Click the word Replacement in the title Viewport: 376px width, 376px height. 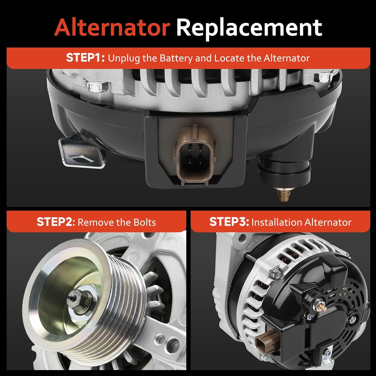pyautogui.click(x=249, y=28)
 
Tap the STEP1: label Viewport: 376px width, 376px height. pyautogui.click(x=85, y=58)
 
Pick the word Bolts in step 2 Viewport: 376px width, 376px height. pyautogui.click(x=145, y=222)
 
